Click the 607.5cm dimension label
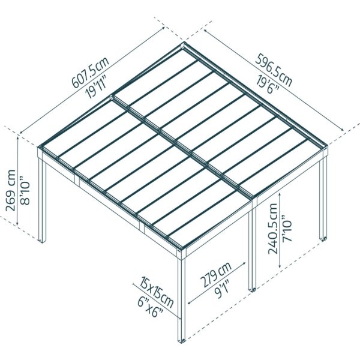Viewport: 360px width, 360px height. click(90, 71)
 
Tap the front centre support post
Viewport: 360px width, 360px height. click(181, 294)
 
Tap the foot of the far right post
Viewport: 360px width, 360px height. click(324, 239)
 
